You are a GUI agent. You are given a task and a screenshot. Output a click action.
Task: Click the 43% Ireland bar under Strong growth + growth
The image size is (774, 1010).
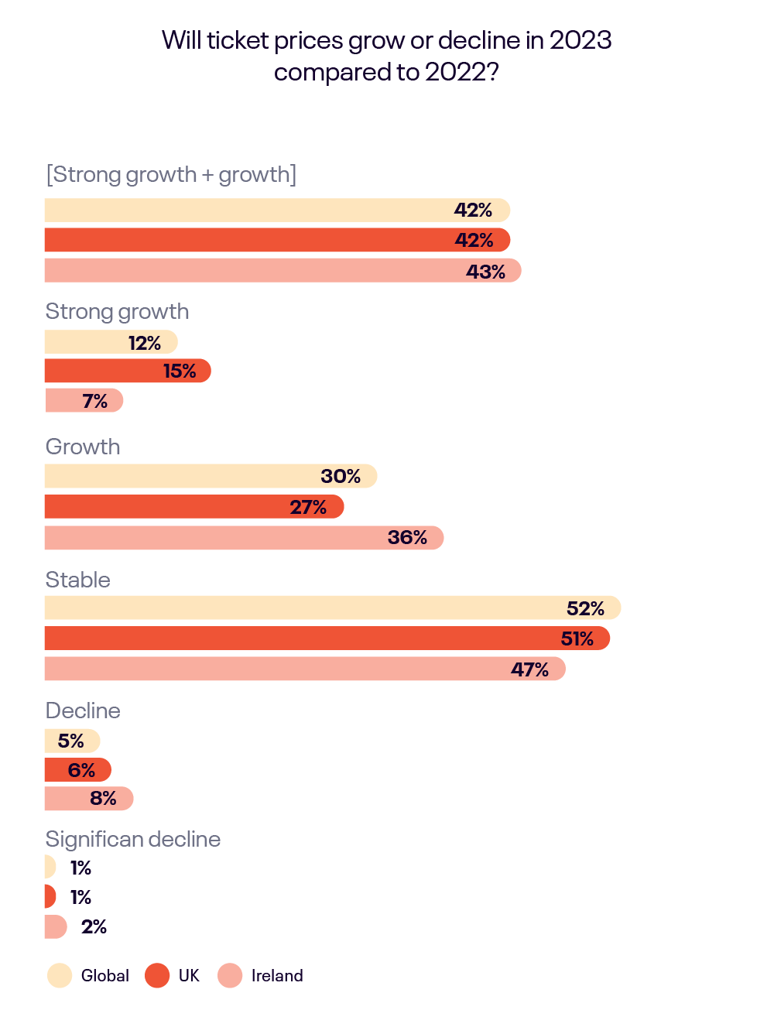pos(283,271)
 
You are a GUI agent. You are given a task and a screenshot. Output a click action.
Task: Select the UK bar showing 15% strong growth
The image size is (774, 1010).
pos(128,371)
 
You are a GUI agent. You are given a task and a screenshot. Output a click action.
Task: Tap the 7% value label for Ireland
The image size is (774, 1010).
pos(95,401)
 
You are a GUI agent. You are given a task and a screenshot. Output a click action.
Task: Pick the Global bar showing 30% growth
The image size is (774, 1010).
pos(211,476)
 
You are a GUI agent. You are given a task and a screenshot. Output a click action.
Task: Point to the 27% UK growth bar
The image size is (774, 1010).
pos(193,507)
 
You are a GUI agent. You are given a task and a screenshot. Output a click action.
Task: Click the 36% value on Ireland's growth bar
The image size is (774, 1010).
pos(407,538)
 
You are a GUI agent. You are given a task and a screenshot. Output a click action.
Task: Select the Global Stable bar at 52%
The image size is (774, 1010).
pos(333,608)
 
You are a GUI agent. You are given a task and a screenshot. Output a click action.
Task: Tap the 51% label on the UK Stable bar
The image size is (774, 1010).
pos(577,639)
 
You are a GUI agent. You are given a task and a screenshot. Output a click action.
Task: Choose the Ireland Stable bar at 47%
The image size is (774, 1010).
pos(305,669)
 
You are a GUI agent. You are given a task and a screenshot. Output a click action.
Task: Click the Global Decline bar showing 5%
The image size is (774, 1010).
pos(72,741)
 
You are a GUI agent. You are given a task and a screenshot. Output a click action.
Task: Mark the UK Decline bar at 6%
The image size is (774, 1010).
pos(77,770)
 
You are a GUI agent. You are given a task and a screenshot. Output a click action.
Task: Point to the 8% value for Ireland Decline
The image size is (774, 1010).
pos(103,799)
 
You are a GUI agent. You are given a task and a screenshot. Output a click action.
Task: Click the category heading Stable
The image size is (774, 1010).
pos(78,580)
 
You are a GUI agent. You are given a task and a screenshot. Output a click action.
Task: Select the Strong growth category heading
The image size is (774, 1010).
pos(117,312)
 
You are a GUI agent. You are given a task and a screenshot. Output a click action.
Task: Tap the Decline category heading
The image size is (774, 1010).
pos(83,710)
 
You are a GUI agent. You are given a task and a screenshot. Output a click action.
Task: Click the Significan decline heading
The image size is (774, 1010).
pos(133,839)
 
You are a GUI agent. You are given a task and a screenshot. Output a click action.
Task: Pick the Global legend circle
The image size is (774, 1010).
pos(60,976)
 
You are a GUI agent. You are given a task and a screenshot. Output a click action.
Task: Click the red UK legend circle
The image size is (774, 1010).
pos(157,976)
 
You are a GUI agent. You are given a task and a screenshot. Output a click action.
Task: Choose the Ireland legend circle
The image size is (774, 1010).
pos(230,976)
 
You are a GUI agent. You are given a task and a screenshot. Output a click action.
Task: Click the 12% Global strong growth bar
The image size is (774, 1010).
pos(111,342)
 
